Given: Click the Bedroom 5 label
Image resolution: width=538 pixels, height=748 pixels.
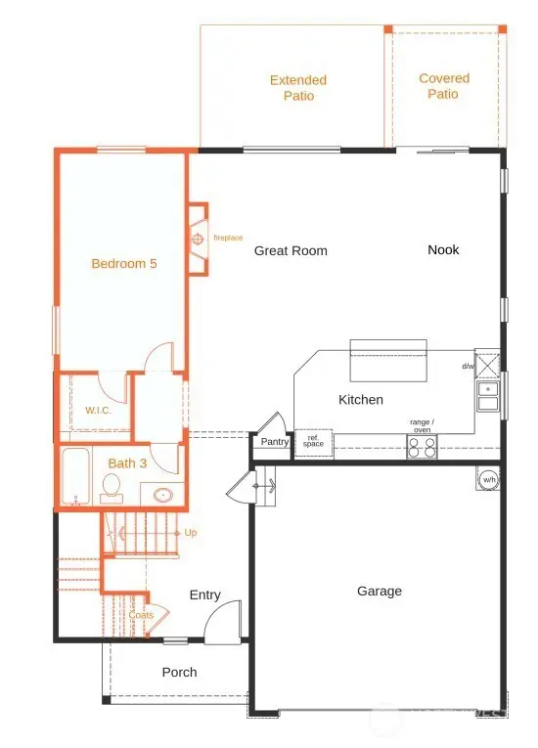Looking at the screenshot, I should (x=124, y=263).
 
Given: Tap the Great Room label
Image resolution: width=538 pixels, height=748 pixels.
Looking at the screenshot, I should (x=291, y=251).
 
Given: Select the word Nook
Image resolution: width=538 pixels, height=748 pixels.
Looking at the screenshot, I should (x=443, y=250).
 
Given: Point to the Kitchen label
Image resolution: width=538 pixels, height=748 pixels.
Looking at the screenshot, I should (x=361, y=400).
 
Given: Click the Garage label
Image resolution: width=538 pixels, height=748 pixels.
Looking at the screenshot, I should (x=380, y=592).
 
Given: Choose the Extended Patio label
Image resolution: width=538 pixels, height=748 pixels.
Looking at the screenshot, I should (x=298, y=88).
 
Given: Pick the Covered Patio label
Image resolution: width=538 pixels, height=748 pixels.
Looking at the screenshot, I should (x=444, y=86).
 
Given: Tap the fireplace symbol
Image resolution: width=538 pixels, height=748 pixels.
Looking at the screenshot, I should (x=197, y=239).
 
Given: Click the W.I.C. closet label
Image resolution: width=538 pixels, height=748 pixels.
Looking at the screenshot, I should (x=99, y=411).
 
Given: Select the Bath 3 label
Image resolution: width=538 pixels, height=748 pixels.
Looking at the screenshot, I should (x=127, y=463).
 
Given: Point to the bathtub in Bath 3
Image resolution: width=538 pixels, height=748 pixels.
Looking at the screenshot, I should (x=74, y=478).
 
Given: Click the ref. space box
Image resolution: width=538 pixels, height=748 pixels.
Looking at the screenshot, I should (x=313, y=442).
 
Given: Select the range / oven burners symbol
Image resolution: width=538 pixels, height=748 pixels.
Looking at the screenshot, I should (x=423, y=447).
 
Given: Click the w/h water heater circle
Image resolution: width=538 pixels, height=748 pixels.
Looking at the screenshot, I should (x=488, y=478).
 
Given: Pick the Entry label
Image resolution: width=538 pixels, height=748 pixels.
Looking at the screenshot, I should (x=205, y=595).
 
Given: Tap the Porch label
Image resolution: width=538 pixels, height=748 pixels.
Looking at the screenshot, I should (x=179, y=673).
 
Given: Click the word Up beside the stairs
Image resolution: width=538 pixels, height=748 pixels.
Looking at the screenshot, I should (x=192, y=533).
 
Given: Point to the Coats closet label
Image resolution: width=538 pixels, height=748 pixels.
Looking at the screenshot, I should (x=142, y=615).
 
